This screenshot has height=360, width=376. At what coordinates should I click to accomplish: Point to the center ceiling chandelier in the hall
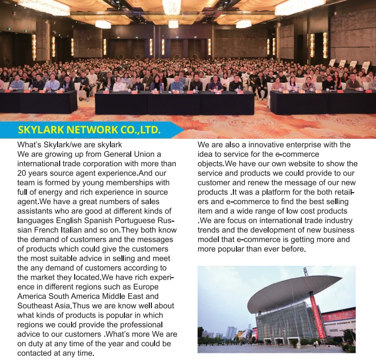pyautogui.click(x=171, y=6)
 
